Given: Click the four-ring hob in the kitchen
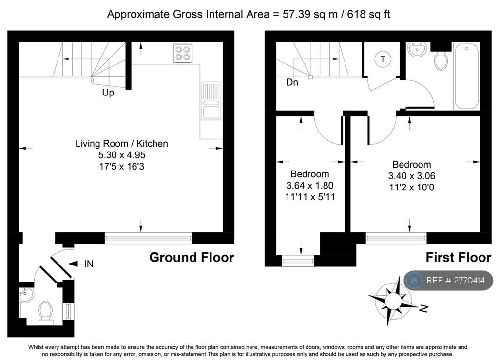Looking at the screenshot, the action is pos(183,53).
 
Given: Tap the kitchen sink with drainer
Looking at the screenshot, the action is pos(211,101).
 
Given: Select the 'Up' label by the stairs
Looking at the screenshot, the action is pos(108,93).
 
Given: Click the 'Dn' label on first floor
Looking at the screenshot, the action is pos(292,82).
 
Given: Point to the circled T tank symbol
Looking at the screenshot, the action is pos(383,59).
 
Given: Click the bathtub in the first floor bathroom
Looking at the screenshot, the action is pos(466,76).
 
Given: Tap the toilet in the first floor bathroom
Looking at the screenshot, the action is pos(441,60).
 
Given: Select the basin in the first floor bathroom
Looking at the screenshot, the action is pos(417,50).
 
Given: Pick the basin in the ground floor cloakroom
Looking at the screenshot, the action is pos(26,296).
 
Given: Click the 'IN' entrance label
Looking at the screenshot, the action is pos(89,264).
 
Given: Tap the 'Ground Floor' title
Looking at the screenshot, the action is pos(192,257).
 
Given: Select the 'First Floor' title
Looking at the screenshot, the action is pos(459,257).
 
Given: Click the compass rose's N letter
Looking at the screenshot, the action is pos(423,308).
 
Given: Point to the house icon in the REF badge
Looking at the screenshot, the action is pos(414,280).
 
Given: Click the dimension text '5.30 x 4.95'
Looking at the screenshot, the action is pos(122,155).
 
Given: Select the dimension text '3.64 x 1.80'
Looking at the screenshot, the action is pos(310,186).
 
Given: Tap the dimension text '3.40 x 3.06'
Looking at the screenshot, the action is pos(411,176).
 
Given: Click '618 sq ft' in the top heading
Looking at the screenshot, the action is pos(368,14).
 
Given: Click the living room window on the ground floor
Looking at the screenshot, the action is pos(148,238).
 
